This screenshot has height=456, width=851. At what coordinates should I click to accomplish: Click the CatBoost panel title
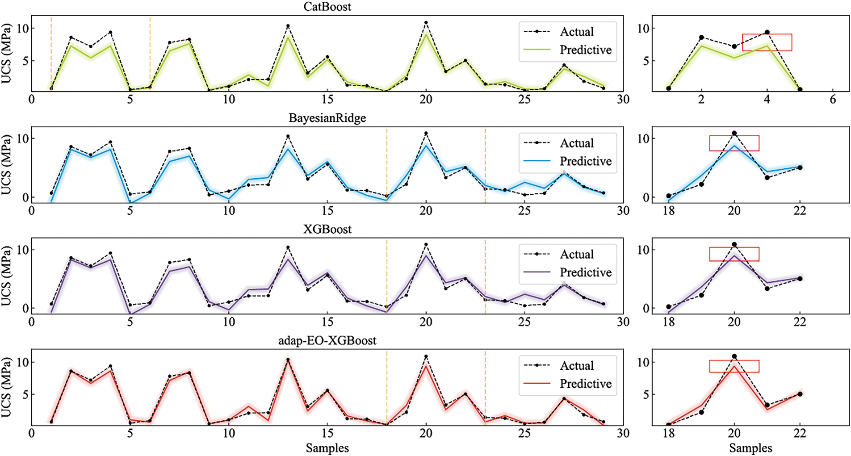[327, 7]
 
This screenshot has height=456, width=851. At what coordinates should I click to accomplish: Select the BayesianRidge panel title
[327, 118]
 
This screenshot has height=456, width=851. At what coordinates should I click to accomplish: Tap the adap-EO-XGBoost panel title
[327, 340]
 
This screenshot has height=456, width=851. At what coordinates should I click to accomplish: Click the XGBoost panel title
[327, 229]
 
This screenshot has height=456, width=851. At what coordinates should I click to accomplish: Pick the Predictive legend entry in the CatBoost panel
[585, 50]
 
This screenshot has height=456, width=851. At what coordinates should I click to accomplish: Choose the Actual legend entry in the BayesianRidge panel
[577, 143]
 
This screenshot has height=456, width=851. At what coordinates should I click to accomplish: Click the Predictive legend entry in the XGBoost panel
[585, 272]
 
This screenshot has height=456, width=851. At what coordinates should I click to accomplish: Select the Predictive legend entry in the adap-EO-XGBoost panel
[585, 383]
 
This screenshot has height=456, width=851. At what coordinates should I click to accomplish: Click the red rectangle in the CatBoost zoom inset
[767, 42]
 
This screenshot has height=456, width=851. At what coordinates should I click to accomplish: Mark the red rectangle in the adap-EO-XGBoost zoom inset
[734, 366]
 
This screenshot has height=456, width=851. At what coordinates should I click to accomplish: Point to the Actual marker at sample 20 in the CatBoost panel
[426, 22]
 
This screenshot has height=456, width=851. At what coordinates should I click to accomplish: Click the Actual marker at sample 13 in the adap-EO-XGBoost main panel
[288, 360]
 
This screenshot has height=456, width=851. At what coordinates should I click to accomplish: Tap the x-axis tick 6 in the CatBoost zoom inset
[833, 99]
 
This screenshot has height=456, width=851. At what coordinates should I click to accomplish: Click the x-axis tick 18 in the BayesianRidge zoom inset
[668, 210]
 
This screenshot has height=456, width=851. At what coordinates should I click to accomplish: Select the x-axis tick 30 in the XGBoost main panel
[623, 322]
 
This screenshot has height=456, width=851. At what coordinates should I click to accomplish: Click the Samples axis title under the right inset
[750, 448]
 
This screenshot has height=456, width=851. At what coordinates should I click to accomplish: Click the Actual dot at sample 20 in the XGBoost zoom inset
[734, 245]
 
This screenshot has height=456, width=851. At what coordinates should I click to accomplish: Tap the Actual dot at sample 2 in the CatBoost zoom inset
[701, 38]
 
